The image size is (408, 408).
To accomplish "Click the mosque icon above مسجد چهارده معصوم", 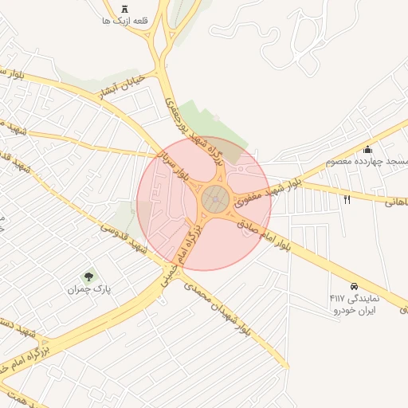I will pos(367,149).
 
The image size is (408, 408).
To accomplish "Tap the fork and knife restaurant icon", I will pos(347,199).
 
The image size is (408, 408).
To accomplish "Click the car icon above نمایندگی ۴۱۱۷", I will pos(353,285).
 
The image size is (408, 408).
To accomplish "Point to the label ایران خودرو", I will pos(354,309).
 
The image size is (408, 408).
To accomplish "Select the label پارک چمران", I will pos(88,289).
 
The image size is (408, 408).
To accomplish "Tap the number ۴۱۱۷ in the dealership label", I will pos(336,298).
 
